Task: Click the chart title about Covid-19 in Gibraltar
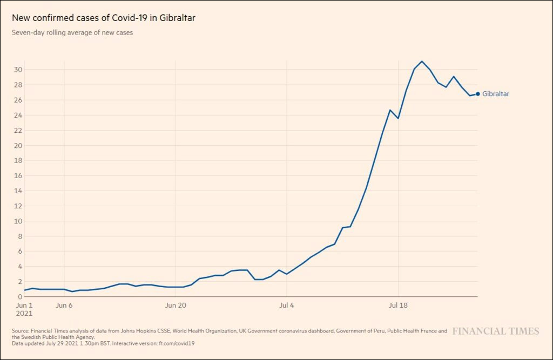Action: pos(104,18)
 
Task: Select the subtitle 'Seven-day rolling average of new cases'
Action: pos(72,33)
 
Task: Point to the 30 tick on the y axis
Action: pos(18,70)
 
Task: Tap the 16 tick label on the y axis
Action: pos(18,175)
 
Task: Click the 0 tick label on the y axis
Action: pos(20,296)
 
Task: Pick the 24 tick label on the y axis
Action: pos(18,115)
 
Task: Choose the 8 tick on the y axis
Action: pos(20,236)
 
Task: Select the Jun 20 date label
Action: pos(176,305)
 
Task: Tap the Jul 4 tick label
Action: pos(287,305)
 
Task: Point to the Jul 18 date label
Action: pos(398,305)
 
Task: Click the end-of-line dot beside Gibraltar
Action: pos(478,94)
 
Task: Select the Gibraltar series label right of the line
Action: pos(496,94)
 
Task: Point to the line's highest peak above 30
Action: pos(422,62)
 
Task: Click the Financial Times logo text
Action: pos(495,331)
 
